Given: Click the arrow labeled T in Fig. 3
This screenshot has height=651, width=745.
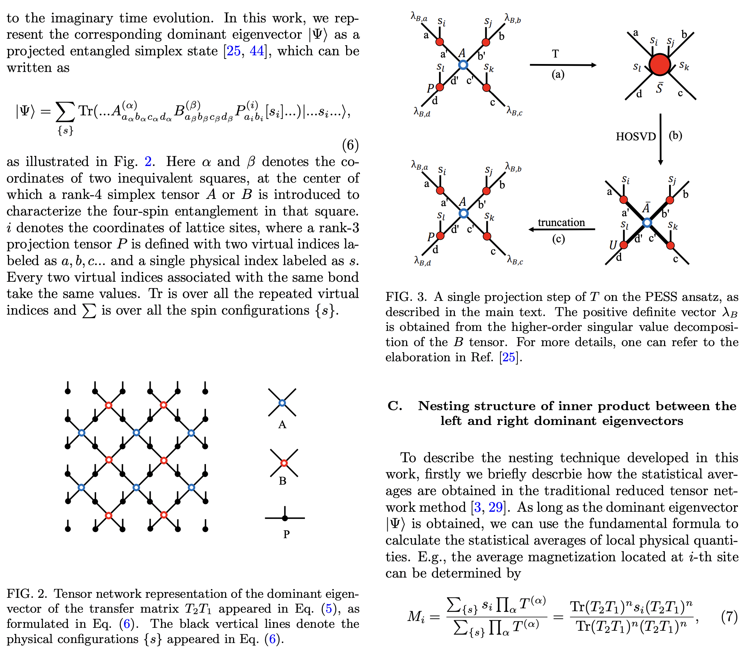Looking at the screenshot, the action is click(563, 65).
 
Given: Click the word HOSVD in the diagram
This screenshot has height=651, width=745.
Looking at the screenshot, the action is click(636, 137).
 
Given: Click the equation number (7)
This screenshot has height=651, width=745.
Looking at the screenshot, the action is click(729, 617).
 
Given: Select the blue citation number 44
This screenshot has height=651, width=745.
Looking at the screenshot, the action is click(257, 51).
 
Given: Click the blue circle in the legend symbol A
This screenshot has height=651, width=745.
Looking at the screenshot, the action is click(282, 403).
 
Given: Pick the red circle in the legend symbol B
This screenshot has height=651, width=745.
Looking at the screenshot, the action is click(284, 463).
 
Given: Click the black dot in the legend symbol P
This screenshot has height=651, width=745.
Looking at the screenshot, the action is click(285, 518).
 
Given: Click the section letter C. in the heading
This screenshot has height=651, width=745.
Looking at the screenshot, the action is click(395, 406).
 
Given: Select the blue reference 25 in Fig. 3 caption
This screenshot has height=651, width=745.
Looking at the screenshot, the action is click(508, 357).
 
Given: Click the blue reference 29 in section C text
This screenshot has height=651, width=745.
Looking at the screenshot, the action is click(495, 507).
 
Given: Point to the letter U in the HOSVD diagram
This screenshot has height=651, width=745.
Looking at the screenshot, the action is click(613, 245).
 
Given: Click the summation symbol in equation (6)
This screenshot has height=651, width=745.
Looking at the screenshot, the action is click(65, 113).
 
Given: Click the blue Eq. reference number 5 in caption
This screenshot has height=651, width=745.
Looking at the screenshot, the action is click(329, 608).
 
